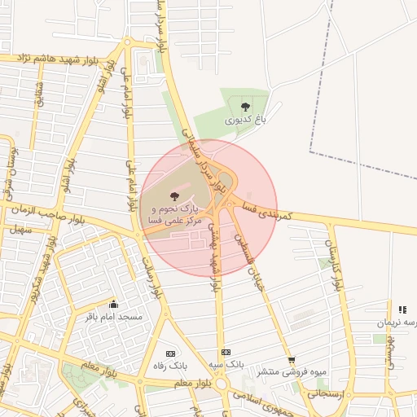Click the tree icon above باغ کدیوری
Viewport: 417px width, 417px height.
[x=246, y=105]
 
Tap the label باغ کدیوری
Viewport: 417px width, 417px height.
[x=246, y=120]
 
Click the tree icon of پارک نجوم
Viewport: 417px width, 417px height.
[x=173, y=195]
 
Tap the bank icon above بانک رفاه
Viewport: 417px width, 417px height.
[x=170, y=353]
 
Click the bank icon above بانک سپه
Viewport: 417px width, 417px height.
[x=226, y=351]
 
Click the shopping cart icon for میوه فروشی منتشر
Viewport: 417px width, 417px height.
[x=292, y=360]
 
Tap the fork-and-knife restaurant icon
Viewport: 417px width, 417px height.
[x=402, y=309]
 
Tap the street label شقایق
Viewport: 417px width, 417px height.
[x=39, y=98]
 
